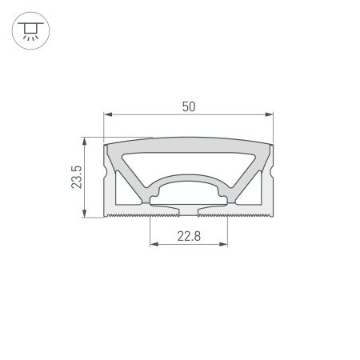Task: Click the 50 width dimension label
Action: (189, 106)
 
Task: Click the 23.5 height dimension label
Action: (76, 178)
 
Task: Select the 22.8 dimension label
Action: (189, 235)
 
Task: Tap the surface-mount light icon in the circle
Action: (29, 30)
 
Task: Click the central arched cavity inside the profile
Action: (189, 189)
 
